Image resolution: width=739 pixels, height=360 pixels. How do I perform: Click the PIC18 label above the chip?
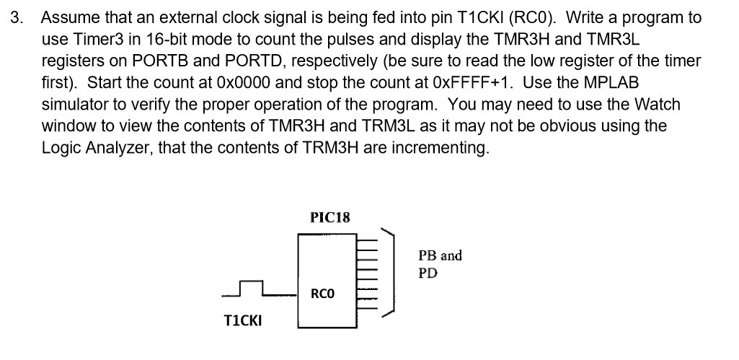click(329, 216)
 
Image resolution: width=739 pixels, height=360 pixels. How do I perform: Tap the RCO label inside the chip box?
click(322, 294)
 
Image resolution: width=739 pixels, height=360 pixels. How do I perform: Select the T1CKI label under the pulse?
click(243, 320)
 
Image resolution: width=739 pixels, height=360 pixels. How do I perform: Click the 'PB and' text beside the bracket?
click(440, 255)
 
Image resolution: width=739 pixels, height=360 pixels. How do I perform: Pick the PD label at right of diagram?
click(428, 273)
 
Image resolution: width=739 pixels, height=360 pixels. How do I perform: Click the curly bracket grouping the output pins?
click(390, 272)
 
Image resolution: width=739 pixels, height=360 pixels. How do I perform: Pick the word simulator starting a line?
click(75, 105)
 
